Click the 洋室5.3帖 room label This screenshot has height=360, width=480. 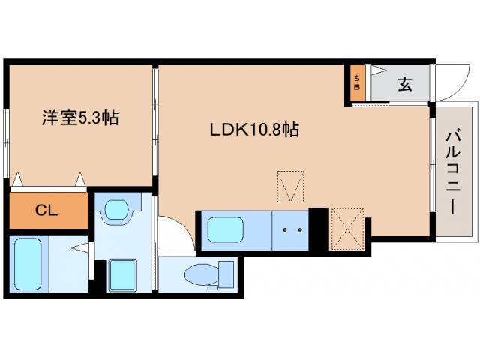[79, 118]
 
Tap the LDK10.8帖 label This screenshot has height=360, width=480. [254, 130]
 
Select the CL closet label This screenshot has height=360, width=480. [47, 210]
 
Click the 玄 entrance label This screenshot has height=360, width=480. [405, 84]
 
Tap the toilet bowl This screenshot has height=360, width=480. [199, 274]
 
